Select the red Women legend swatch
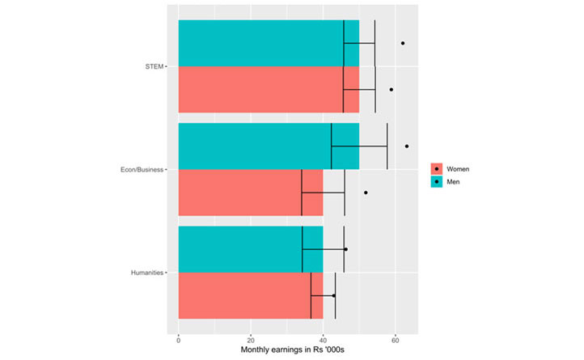(x=437, y=169)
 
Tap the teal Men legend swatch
(x=437, y=182)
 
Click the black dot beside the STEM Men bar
(x=403, y=43)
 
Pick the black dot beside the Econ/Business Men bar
(x=407, y=146)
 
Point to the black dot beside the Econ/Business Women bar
(x=366, y=193)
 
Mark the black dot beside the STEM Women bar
(x=391, y=90)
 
